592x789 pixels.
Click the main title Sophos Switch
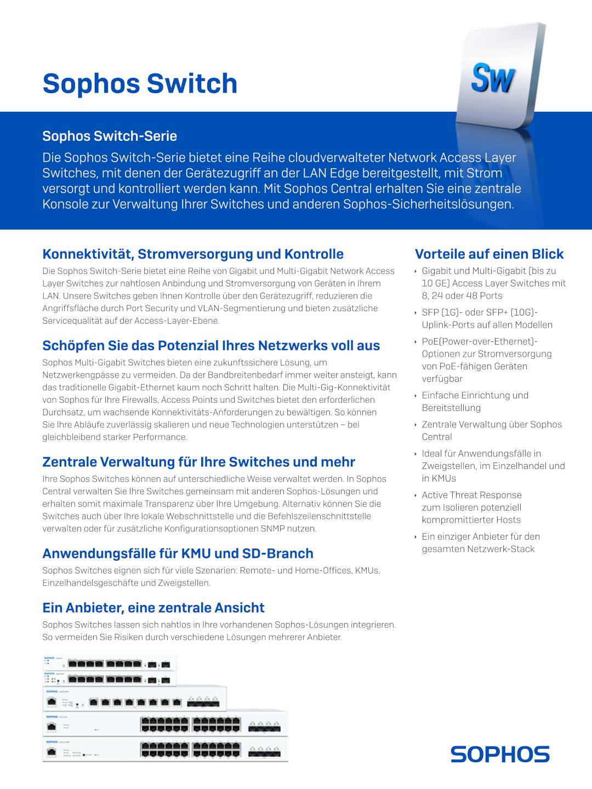[x=140, y=83]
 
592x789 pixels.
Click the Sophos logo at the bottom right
[x=500, y=754]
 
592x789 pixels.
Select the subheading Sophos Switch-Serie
[x=110, y=136]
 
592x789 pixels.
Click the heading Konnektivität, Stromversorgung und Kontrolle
[x=193, y=254]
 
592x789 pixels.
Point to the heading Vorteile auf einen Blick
[x=489, y=254]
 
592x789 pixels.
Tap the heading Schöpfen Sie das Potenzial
[x=211, y=346]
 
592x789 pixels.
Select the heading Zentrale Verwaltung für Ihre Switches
[x=198, y=462]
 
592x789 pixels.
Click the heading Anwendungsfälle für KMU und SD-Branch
[x=178, y=553]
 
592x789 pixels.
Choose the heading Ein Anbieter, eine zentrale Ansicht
[x=153, y=608]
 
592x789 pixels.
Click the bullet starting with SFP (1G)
[x=487, y=318]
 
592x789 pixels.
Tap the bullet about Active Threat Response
[x=471, y=507]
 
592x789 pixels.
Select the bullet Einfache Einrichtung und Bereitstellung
[x=475, y=402]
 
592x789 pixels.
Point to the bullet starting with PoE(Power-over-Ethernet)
[x=487, y=360]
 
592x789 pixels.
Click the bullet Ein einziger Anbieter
[x=480, y=542]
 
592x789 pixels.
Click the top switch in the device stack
[x=110, y=663]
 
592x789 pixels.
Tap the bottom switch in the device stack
[x=165, y=750]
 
